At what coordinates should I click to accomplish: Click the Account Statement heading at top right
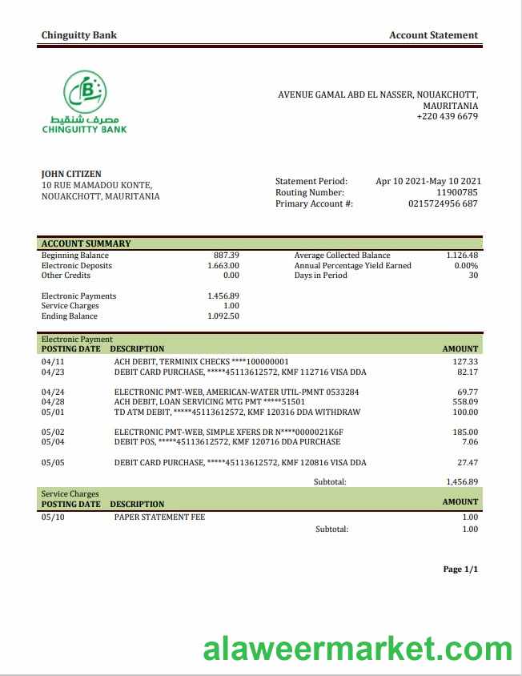click(433, 35)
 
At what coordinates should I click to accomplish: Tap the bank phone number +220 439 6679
click(447, 116)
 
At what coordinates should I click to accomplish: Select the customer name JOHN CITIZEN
click(71, 174)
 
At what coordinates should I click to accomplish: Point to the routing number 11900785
click(456, 192)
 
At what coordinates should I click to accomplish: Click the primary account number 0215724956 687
click(443, 203)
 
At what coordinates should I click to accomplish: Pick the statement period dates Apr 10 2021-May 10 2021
click(427, 181)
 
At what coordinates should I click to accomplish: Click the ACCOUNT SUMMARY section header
click(86, 243)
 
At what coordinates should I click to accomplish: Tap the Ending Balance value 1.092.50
click(223, 316)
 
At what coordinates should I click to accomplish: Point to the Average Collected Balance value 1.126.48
click(462, 256)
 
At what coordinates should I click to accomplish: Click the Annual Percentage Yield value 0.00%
click(466, 265)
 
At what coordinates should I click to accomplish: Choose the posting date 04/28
click(52, 401)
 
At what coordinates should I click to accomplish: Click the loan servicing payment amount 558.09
click(464, 401)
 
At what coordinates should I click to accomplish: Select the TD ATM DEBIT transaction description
click(237, 412)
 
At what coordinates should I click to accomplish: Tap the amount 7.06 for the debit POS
click(470, 441)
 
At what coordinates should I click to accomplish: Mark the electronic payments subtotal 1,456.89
click(462, 481)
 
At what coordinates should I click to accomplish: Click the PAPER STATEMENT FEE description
click(159, 517)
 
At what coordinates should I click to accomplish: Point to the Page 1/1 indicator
click(460, 569)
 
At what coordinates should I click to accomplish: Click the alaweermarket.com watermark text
click(357, 649)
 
